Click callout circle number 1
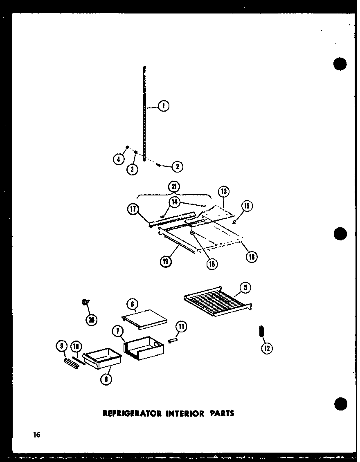[163, 106]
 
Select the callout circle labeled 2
[177, 166]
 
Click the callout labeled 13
[223, 191]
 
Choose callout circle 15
[248, 206]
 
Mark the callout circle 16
[211, 264]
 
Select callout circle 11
[181, 326]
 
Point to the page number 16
[36, 435]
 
